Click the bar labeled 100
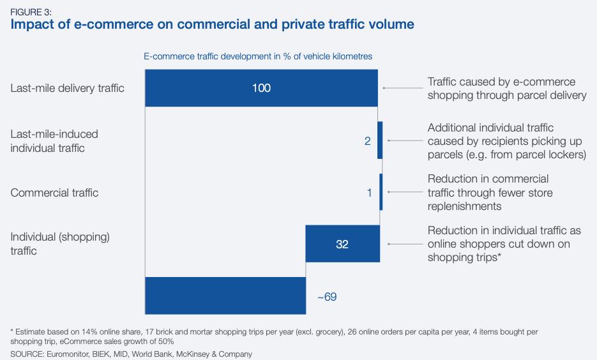point(261,88)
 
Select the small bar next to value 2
point(380,140)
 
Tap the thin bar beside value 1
point(381,191)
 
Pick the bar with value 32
point(343,244)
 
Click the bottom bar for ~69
point(225,296)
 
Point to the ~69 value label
point(327,297)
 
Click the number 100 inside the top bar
point(261,88)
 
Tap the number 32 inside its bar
point(342,244)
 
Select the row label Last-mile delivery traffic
point(68,88)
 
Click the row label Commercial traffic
point(54,193)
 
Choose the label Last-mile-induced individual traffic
point(54,141)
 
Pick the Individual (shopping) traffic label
point(60,244)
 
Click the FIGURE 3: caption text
point(31,12)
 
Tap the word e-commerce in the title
point(114,24)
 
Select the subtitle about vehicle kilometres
point(258,56)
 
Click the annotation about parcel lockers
point(506,141)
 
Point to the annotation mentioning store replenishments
point(490,193)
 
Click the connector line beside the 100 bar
point(403,88)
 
